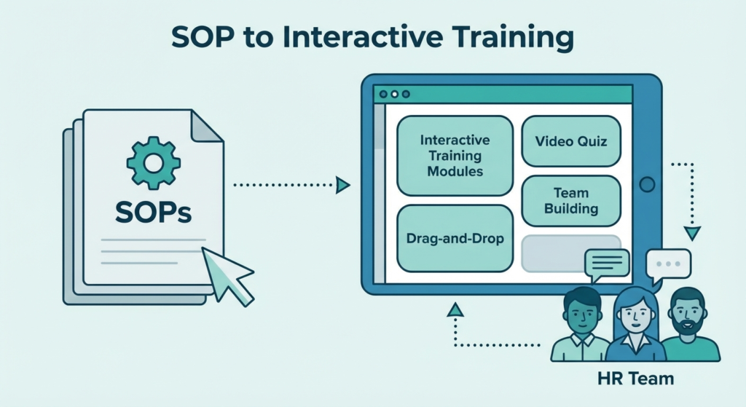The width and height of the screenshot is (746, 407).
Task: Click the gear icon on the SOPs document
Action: coord(153,163)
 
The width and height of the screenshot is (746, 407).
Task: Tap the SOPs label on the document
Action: coord(153,212)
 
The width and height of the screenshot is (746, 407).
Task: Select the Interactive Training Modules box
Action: coord(455,156)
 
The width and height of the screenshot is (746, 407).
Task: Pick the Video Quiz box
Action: coord(571,141)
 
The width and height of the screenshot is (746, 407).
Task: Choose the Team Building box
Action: coord(571,201)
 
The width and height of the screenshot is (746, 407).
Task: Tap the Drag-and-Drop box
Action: coord(455,238)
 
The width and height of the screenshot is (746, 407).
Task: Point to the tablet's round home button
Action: coord(647,184)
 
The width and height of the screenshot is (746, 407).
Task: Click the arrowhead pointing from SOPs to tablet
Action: coord(342,185)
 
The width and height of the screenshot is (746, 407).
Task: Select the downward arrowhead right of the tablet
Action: coord(692,234)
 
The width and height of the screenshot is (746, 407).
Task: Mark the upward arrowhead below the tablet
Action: coord(455,310)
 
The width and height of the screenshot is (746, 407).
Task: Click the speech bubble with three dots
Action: coord(668,264)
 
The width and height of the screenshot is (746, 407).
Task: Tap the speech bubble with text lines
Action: coord(607,263)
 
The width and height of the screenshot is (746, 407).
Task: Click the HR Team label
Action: coord(635,379)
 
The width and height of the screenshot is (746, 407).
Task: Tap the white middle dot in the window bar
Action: coord(394,94)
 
